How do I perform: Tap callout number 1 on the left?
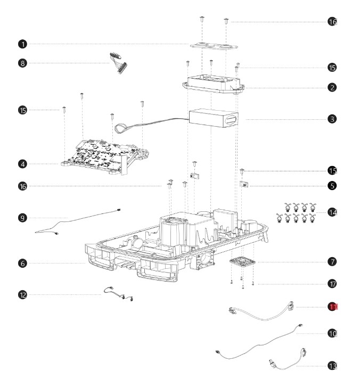22,44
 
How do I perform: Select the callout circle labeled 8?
22,63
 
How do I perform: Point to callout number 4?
22,164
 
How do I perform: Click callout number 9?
22,217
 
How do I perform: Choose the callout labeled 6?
22,263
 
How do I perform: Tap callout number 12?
22,294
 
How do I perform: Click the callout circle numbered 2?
332,87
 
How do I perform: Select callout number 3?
332,119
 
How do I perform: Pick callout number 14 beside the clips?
332,212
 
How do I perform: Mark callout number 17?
332,284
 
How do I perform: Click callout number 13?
332,366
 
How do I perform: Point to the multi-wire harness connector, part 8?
120,63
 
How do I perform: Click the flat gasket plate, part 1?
212,45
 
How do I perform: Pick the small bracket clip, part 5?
245,185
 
